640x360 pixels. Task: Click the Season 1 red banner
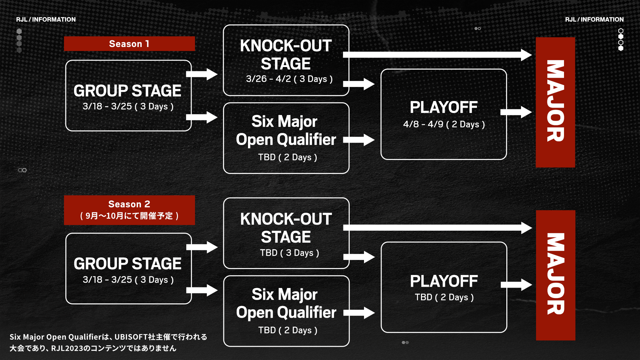pos(129,44)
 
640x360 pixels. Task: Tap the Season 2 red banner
pos(129,210)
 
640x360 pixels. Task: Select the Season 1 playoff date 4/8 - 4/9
pos(444,124)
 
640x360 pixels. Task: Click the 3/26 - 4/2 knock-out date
pos(289,79)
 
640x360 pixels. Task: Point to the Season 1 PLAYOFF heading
pos(444,107)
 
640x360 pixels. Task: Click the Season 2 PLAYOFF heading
pos(444,281)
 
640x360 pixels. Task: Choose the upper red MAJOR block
pos(555,102)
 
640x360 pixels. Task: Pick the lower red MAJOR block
pos(556,275)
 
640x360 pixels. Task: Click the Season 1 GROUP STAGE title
pos(127,91)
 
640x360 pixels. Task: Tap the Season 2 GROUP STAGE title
pos(128,264)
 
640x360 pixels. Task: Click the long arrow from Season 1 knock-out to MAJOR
pos(437,55)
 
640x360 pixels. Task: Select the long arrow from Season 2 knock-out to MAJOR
pos(438,228)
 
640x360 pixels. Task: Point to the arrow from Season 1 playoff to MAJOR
pos(516,112)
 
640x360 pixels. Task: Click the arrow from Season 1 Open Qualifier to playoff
pos(359,140)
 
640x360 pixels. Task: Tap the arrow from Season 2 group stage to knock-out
pos(202,247)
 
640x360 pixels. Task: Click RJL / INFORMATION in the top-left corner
pos(46,19)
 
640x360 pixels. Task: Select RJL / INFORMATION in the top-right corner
pos(594,19)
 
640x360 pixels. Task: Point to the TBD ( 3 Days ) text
pos(290,253)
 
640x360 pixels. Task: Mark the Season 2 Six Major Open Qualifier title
pos(286,303)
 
